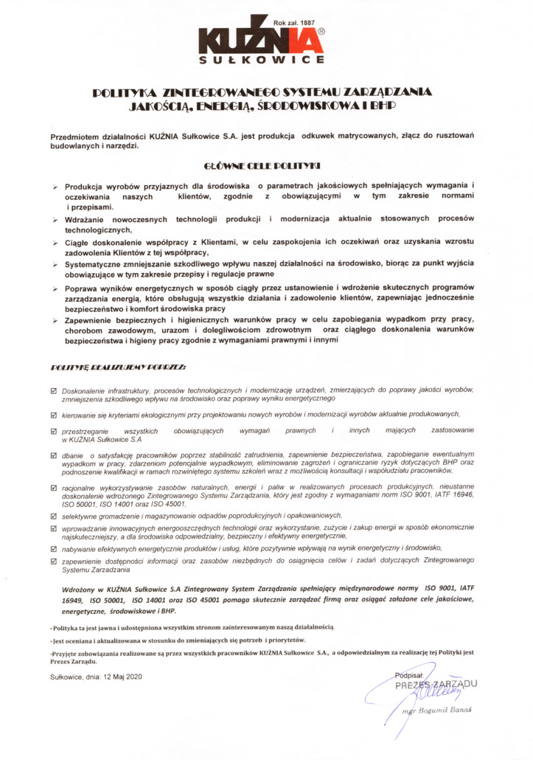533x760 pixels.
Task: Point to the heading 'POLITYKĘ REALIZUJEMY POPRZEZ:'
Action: coord(118,367)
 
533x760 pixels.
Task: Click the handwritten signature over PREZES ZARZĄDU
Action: coord(424,691)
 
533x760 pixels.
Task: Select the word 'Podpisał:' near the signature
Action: coord(410,674)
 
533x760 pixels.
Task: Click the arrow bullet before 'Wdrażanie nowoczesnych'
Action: coord(55,221)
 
